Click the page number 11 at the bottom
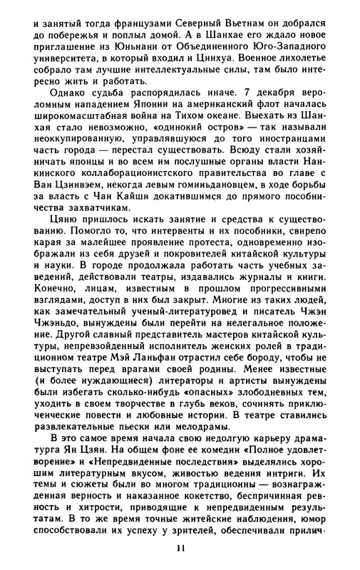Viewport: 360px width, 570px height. (x=180, y=547)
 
